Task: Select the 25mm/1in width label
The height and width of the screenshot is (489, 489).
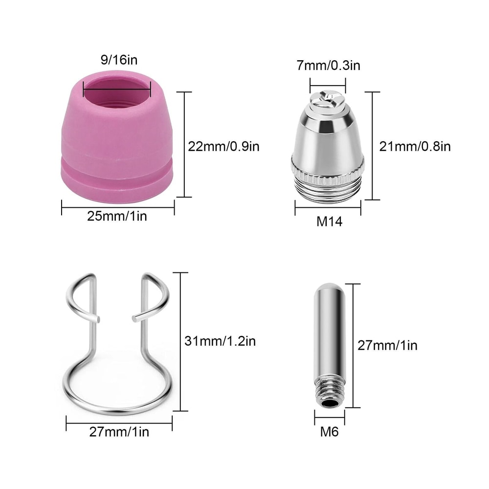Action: (x=117, y=216)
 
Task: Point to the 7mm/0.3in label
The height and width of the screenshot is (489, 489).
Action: (x=328, y=65)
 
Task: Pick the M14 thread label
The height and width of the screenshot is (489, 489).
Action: (x=329, y=222)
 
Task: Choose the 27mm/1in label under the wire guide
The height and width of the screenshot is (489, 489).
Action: (x=119, y=432)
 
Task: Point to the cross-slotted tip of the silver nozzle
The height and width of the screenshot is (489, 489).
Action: (x=328, y=98)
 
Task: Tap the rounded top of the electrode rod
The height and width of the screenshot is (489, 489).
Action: (x=329, y=289)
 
